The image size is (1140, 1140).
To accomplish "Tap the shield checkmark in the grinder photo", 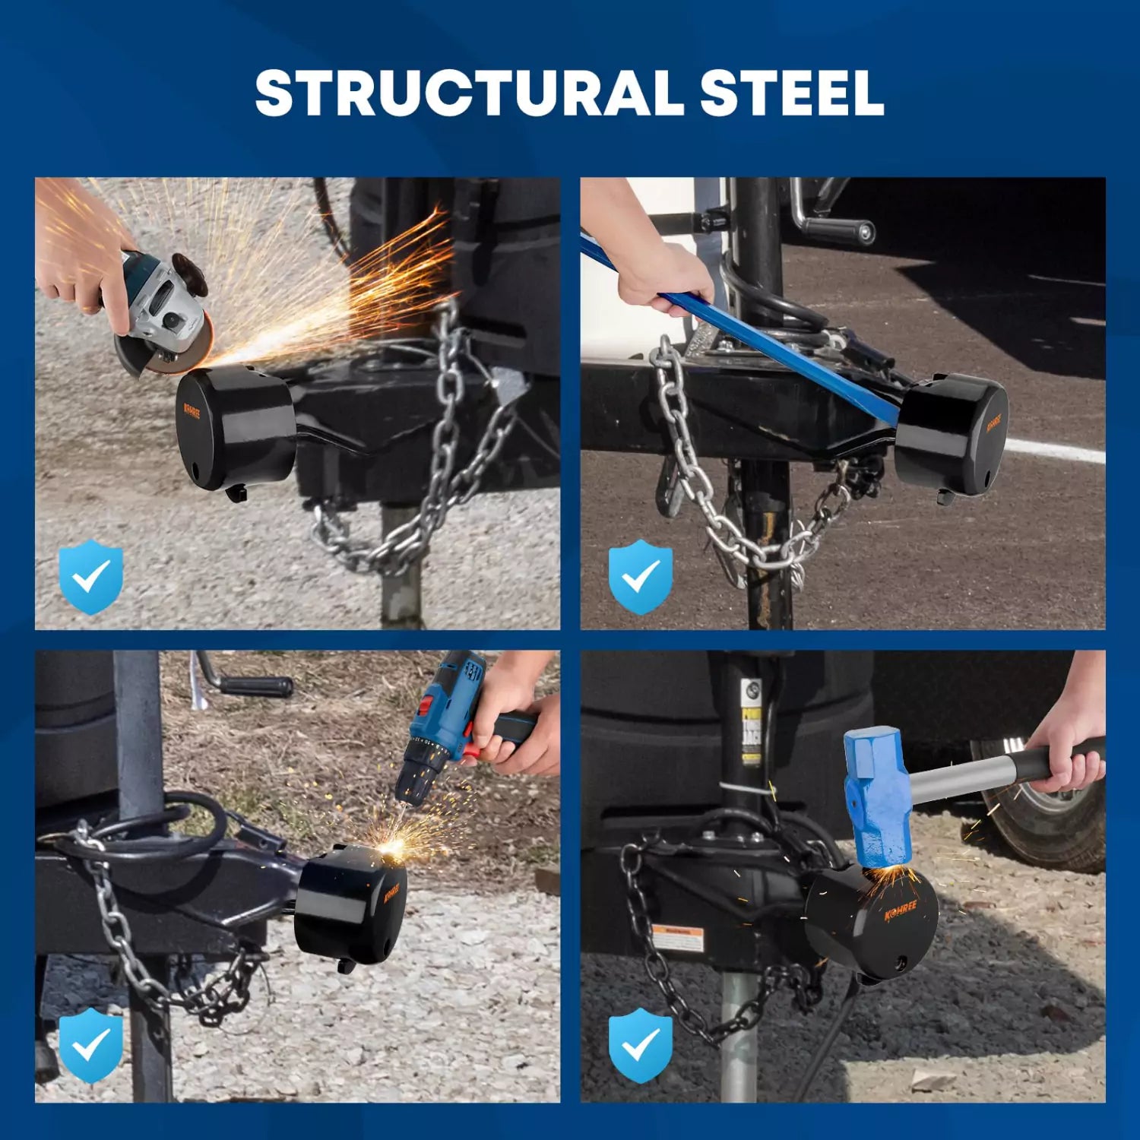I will click(91, 577).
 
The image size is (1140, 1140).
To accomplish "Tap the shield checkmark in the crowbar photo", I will click(641, 577).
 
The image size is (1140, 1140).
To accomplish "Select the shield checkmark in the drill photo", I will click(91, 1046).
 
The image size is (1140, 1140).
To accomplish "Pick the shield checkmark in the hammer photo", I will click(641, 1046).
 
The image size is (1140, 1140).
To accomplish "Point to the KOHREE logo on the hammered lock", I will click(901, 909).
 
